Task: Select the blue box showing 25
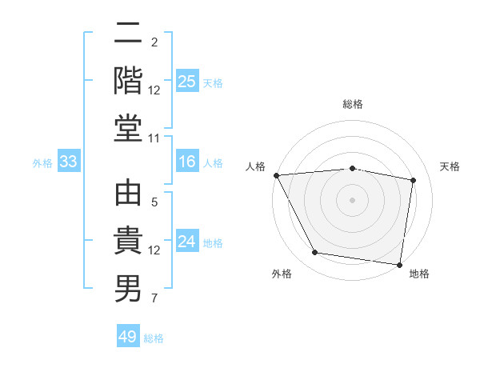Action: pyautogui.click(x=186, y=82)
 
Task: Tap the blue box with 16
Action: pyautogui.click(x=186, y=162)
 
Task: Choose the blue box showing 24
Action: pyautogui.click(x=186, y=242)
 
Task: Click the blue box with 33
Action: pyautogui.click(x=68, y=162)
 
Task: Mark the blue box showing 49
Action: pyautogui.click(x=128, y=337)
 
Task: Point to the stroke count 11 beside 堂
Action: pyautogui.click(x=154, y=138)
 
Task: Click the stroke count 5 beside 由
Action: pyautogui.click(x=154, y=202)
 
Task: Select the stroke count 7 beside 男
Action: pyautogui.click(x=154, y=299)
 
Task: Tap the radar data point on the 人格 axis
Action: pyautogui.click(x=276, y=174)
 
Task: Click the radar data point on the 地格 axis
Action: pyautogui.click(x=399, y=264)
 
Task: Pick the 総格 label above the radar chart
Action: pyautogui.click(x=352, y=104)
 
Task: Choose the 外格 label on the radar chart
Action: pyautogui.click(x=282, y=274)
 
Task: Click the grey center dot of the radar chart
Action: pyautogui.click(x=352, y=199)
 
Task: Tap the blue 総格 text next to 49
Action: pyautogui.click(x=154, y=338)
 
